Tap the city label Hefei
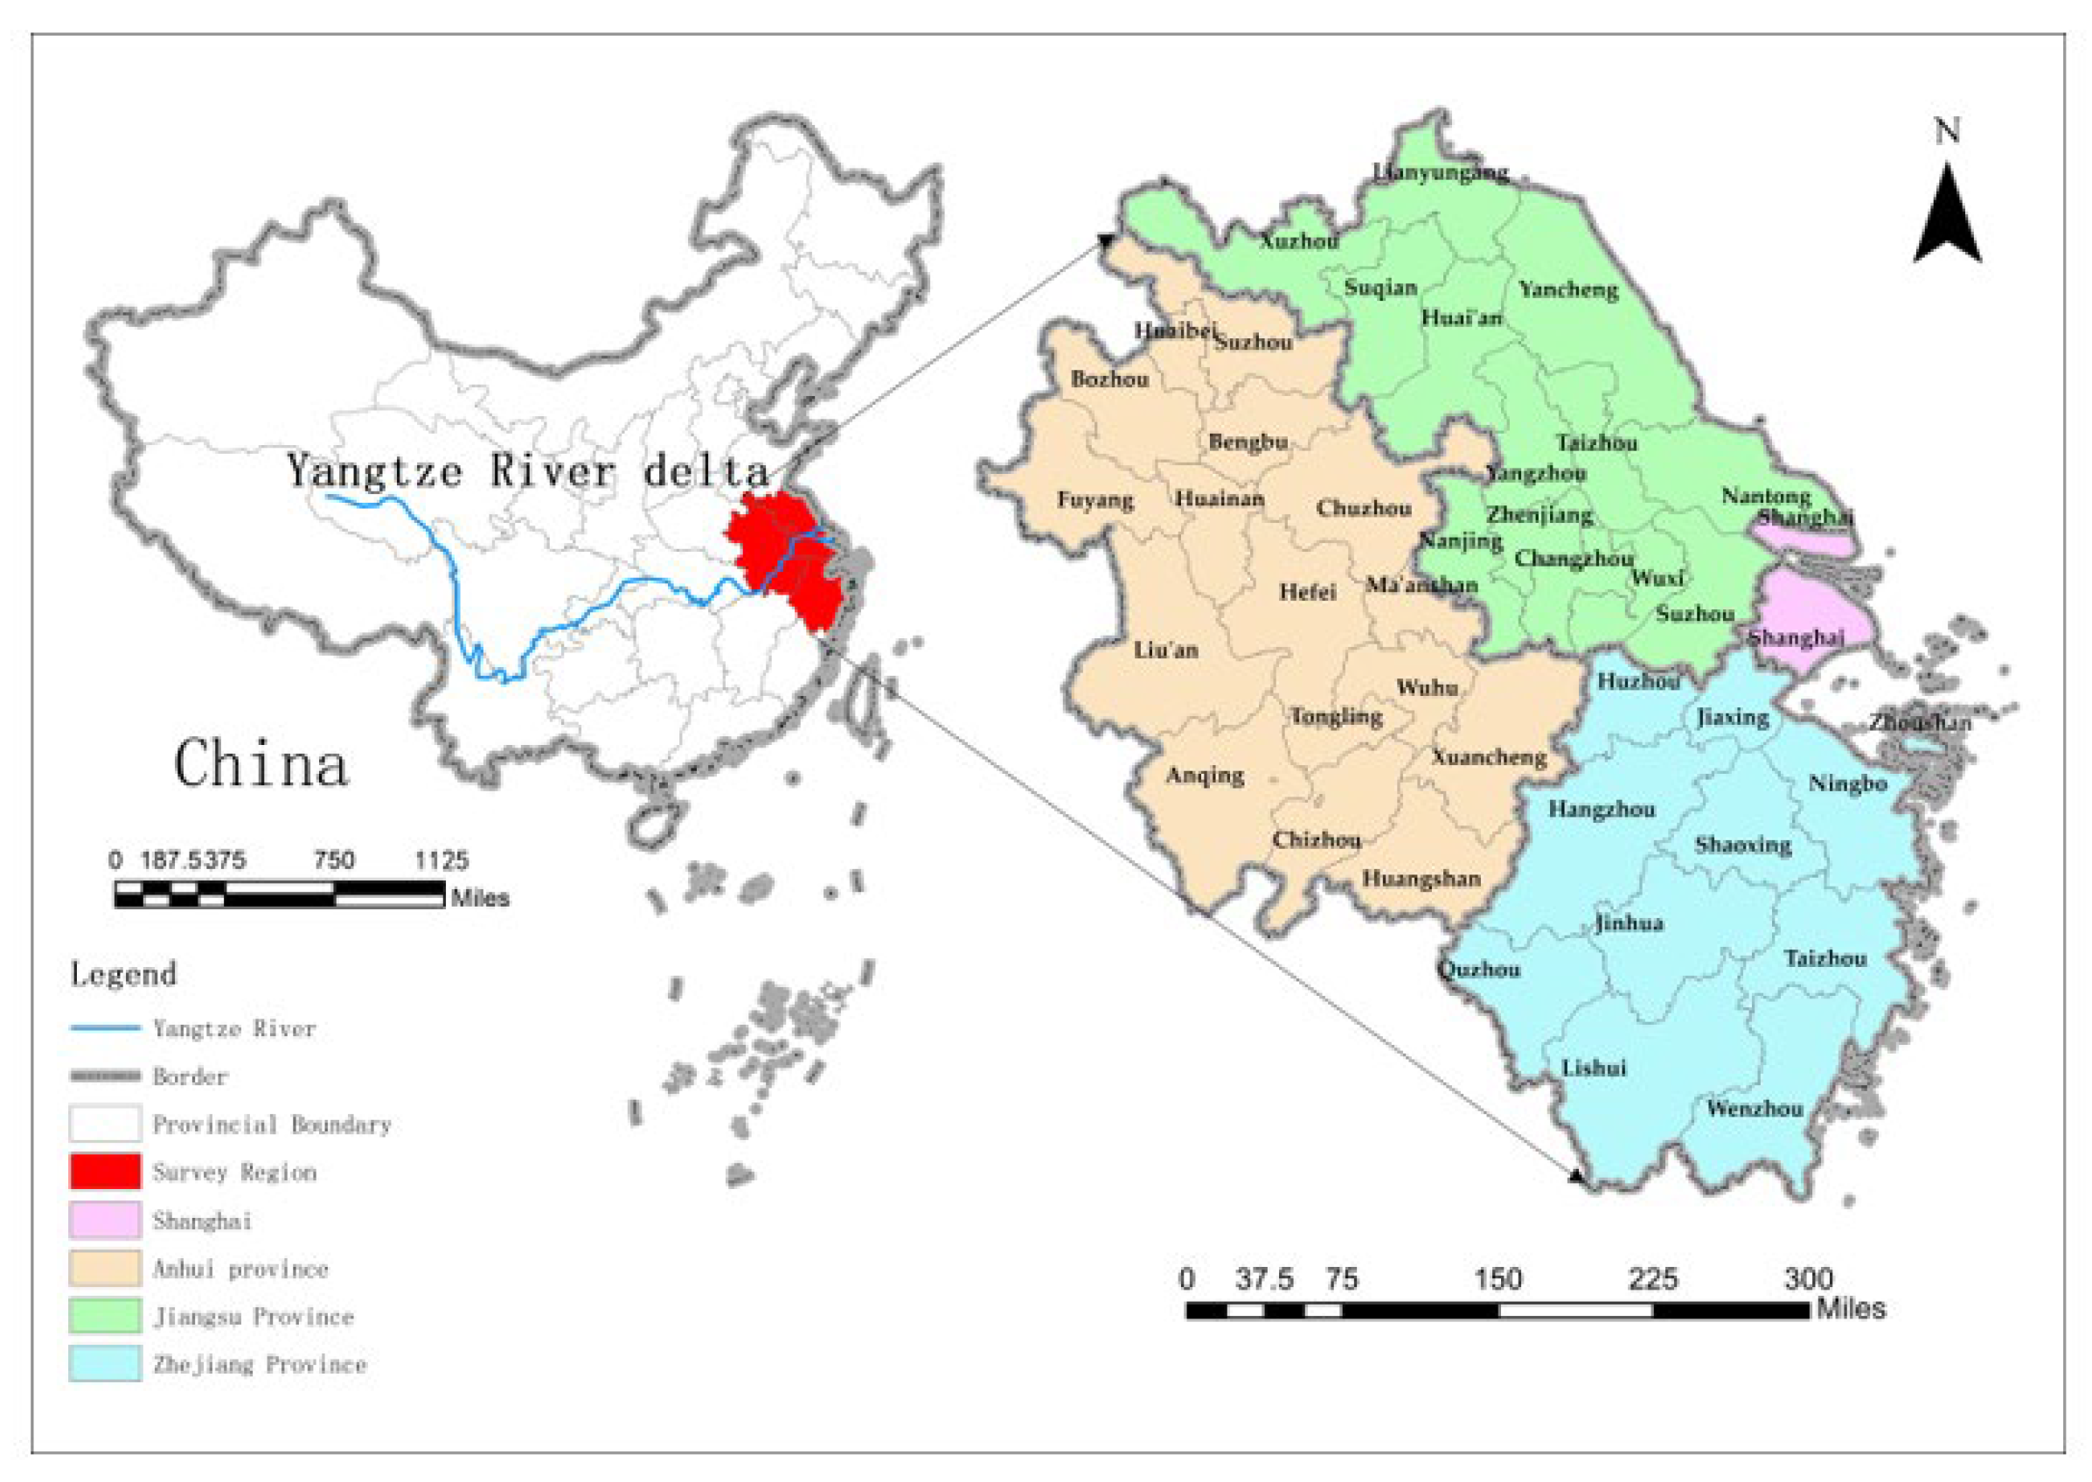[x=1306, y=592]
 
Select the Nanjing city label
[x=1460, y=541]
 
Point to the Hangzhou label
[x=1602, y=810]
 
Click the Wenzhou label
[x=1755, y=1109]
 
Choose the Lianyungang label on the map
[x=1441, y=172]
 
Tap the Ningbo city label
[x=1847, y=784]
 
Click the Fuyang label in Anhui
[x=1095, y=500]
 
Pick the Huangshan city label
[x=1421, y=879]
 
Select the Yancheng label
[x=1567, y=290]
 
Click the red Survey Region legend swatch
[x=105, y=1172]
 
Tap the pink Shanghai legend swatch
[x=105, y=1220]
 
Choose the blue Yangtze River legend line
[x=105, y=1028]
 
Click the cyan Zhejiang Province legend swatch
[x=105, y=1363]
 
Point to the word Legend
[x=123, y=975]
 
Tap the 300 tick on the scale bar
[x=1807, y=1279]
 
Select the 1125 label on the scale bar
[x=441, y=860]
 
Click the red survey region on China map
[x=785, y=557]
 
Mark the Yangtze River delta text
[x=527, y=471]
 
